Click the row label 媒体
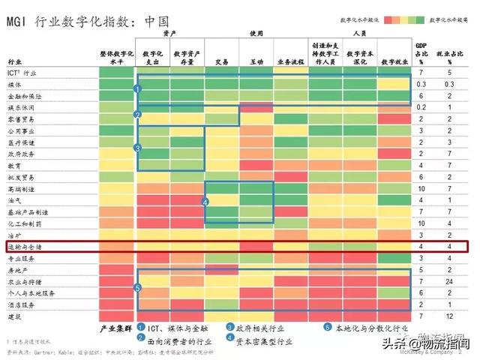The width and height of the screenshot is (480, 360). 15,85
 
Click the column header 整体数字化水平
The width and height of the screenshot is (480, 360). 116,57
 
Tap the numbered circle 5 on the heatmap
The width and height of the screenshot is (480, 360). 137,286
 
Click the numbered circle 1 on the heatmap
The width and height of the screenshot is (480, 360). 137,89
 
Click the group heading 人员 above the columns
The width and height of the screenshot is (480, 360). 358,34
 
